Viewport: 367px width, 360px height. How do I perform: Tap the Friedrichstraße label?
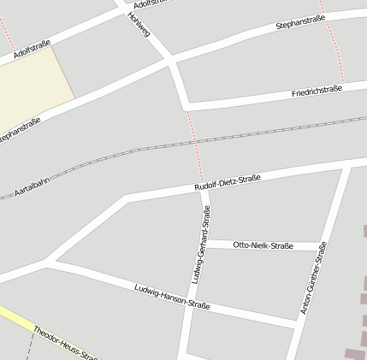point(317,91)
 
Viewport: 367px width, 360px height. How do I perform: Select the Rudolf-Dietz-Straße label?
point(227,183)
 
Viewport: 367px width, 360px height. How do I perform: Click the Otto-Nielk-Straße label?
point(263,245)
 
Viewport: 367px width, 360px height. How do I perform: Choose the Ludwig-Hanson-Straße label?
point(172,296)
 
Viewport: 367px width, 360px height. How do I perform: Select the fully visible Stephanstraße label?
point(301,22)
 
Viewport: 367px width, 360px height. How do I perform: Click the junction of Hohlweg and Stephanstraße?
point(170,62)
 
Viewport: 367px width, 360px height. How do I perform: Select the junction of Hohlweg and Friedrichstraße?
point(186,105)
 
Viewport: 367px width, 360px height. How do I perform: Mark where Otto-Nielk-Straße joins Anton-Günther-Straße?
point(323,246)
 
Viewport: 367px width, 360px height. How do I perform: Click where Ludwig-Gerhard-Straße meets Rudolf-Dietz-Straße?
point(204,189)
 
